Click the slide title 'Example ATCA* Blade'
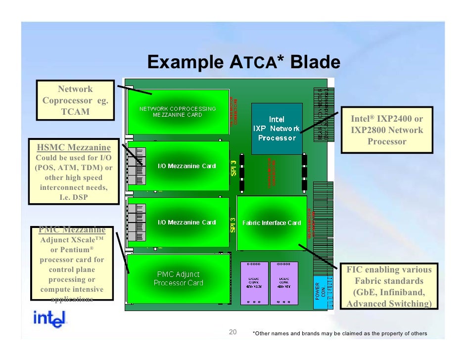click(x=243, y=63)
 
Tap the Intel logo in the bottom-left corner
click(x=49, y=319)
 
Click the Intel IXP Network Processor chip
click(x=277, y=128)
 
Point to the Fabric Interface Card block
click(x=272, y=223)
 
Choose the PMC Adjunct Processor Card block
click(x=179, y=278)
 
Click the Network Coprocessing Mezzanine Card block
click(x=178, y=111)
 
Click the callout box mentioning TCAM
click(x=75, y=100)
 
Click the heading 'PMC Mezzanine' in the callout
click(x=73, y=229)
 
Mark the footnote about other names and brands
click(x=339, y=333)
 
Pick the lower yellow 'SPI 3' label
click(x=233, y=225)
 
